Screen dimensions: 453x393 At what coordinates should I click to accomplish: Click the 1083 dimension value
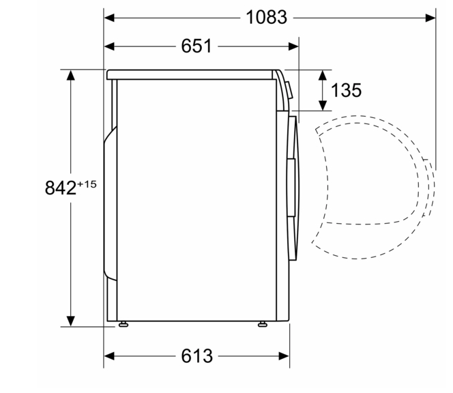pos(266,17)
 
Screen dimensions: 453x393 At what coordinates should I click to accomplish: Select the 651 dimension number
pos(196,46)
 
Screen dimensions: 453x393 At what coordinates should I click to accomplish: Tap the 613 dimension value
pos(196,355)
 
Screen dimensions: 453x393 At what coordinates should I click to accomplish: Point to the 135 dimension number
pos(346,90)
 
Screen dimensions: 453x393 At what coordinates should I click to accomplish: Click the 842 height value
pos(61,188)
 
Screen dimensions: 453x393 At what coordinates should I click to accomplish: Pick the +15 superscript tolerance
pos(87,184)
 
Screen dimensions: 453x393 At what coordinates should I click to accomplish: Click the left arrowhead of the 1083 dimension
pos(109,18)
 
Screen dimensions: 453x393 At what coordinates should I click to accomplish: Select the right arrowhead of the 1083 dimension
pos(430,18)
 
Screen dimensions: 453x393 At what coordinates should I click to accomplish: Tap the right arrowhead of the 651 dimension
pos(293,46)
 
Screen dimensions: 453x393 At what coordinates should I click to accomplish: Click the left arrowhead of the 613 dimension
pos(109,356)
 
